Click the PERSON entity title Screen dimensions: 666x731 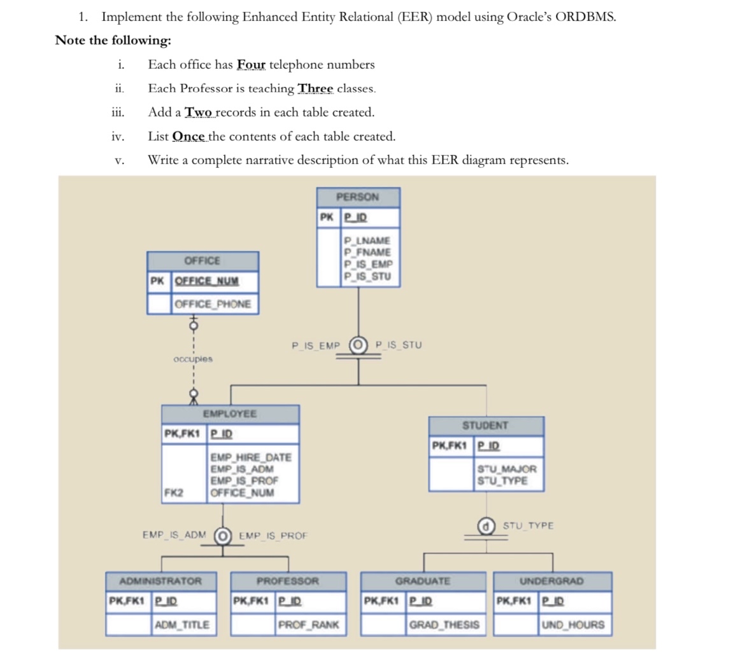coord(358,197)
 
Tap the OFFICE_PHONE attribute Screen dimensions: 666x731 coord(213,304)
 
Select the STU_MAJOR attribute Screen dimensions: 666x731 coord(507,469)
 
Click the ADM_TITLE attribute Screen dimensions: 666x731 coord(182,625)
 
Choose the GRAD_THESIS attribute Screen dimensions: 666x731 coord(444,625)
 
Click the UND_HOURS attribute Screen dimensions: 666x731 coord(572,625)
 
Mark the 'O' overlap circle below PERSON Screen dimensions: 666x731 coord(358,346)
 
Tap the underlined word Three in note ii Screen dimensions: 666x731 coord(316,88)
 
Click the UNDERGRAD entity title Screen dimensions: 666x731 coord(552,581)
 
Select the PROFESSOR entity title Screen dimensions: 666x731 coord(288,581)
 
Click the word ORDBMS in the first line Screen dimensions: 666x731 coord(585,17)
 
